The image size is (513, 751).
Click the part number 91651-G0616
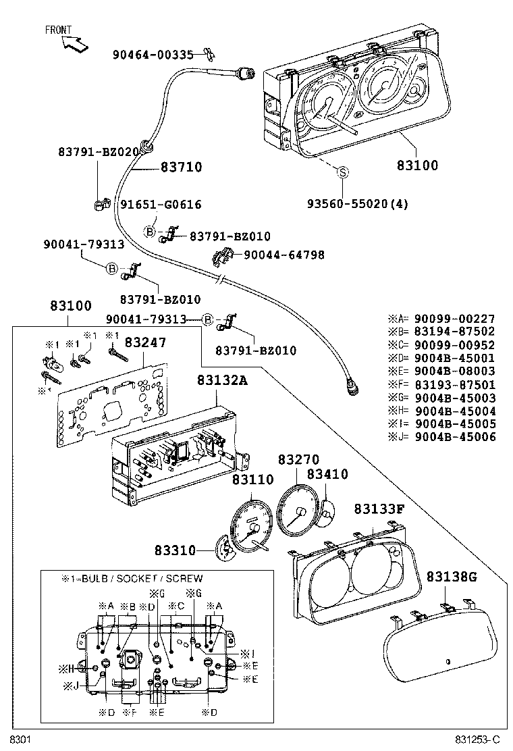[161, 204]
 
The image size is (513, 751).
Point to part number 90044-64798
[283, 255]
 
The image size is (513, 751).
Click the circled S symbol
[342, 173]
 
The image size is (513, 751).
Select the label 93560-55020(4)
[358, 203]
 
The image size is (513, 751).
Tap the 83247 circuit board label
[144, 343]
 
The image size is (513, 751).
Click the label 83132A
[222, 381]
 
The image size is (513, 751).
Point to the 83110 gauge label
[252, 480]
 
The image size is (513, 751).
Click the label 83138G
[452, 576]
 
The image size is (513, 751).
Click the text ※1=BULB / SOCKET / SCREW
[132, 579]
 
